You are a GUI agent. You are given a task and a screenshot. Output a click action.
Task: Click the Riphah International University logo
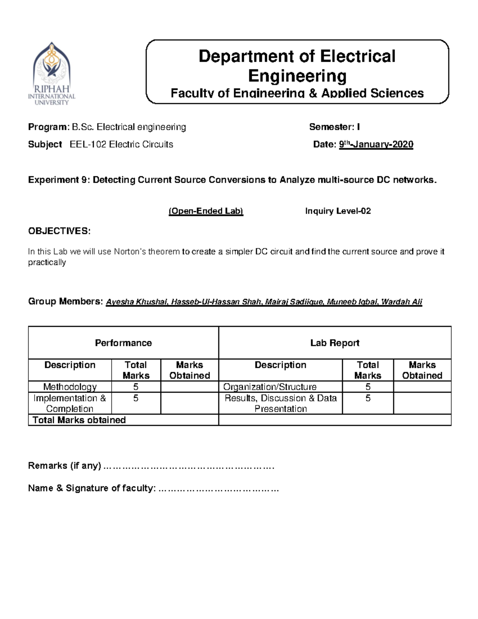52,74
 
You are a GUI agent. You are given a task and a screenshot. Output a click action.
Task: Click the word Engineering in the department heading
297,76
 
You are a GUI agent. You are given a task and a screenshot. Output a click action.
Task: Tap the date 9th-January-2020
376,144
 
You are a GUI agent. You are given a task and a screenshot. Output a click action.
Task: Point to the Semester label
331,127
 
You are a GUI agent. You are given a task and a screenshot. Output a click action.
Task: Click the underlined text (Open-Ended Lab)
206,211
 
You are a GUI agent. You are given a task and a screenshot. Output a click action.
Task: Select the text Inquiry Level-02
338,211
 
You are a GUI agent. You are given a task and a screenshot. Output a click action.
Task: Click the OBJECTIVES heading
59,231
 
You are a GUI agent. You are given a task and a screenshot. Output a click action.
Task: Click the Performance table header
123,343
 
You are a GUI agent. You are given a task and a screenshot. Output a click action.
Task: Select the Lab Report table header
335,343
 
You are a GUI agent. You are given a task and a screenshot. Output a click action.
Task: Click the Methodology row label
70,387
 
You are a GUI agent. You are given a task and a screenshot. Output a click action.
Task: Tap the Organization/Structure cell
270,387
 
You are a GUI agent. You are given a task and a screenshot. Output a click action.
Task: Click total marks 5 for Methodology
136,387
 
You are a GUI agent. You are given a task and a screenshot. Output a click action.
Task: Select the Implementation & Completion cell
70,403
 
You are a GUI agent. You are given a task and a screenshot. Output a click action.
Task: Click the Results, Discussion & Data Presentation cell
280,403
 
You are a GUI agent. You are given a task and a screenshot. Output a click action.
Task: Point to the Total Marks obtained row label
79,420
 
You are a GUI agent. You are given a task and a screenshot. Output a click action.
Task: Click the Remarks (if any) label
64,466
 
